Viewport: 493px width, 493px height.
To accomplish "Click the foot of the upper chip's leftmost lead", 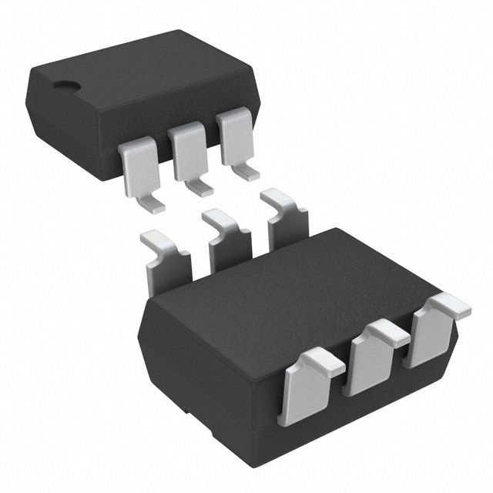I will [x=152, y=203].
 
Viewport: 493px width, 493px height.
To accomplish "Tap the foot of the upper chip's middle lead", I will [x=199, y=188].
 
